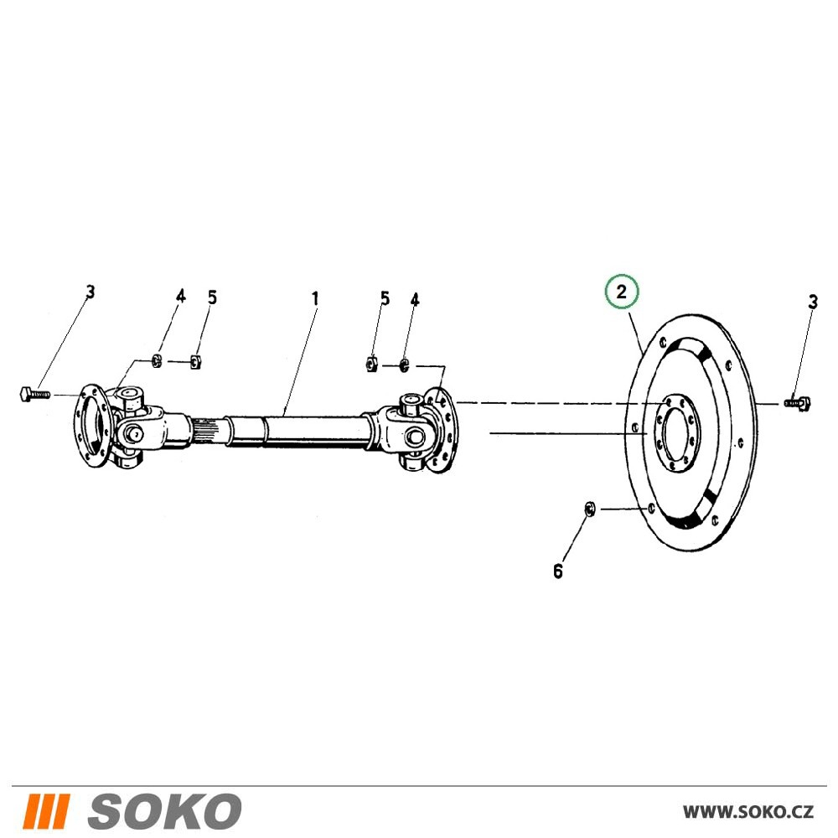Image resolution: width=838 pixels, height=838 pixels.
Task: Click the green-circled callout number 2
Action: coord(621,292)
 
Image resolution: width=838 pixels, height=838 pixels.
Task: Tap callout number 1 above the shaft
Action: coord(315,298)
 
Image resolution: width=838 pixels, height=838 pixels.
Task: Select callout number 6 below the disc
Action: coord(558,572)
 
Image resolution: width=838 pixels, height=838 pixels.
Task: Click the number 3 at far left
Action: coord(91,292)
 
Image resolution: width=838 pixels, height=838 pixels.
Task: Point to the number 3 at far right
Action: coord(812,302)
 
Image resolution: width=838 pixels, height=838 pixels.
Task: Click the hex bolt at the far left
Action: coord(35,395)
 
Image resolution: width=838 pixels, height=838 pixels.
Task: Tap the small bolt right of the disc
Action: coord(798,402)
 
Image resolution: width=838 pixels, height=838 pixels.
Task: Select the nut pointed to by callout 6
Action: coord(590,510)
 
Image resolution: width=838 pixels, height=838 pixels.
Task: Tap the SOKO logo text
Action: coord(164,810)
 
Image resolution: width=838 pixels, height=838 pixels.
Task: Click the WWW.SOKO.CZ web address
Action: coord(748,812)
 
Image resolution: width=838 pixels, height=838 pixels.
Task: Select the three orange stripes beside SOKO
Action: coord(47,810)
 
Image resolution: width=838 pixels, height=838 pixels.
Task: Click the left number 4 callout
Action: coord(181,296)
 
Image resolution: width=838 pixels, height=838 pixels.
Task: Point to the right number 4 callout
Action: coord(415,300)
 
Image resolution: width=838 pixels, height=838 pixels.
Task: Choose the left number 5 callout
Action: coord(212,297)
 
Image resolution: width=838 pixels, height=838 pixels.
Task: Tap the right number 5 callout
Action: coord(385,298)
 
